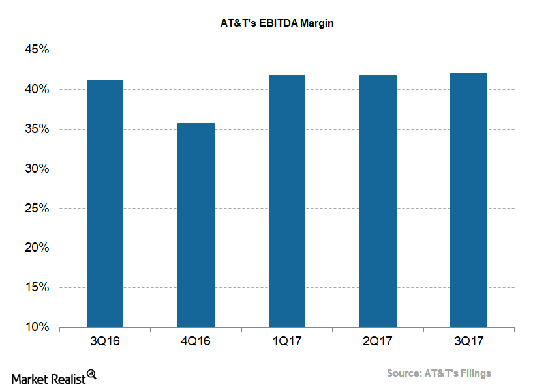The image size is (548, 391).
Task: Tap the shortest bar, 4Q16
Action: (196, 225)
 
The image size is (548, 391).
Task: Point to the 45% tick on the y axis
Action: (37, 50)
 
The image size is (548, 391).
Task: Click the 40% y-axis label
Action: (37, 89)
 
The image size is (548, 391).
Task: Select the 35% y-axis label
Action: (37, 129)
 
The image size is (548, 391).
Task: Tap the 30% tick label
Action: (37, 169)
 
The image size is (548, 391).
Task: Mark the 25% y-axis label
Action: (37, 209)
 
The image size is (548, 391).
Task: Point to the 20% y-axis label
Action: (37, 248)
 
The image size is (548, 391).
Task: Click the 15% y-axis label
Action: (37, 287)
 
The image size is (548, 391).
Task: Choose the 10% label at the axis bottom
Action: (37, 327)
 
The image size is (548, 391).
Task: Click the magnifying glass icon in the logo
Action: (92, 375)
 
